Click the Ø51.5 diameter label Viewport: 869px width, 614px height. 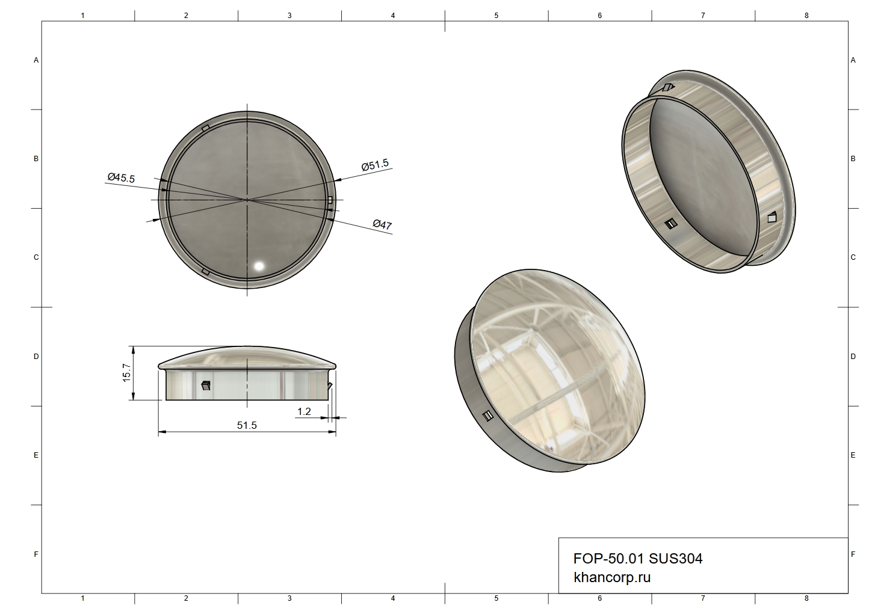pyautogui.click(x=375, y=165)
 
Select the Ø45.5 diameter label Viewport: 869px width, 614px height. pyautogui.click(x=121, y=178)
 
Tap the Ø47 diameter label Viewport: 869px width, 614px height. pyautogui.click(x=383, y=224)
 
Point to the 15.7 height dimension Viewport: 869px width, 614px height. pyautogui.click(x=126, y=373)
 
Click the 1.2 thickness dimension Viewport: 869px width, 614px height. pyautogui.click(x=304, y=411)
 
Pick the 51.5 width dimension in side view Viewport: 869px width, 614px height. pyautogui.click(x=247, y=425)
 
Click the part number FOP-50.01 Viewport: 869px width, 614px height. pyautogui.click(x=608, y=559)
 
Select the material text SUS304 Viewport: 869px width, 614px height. pyautogui.click(x=675, y=559)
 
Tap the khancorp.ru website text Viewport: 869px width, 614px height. pyautogui.click(x=612, y=577)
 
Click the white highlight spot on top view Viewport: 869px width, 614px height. pyautogui.click(x=259, y=266)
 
